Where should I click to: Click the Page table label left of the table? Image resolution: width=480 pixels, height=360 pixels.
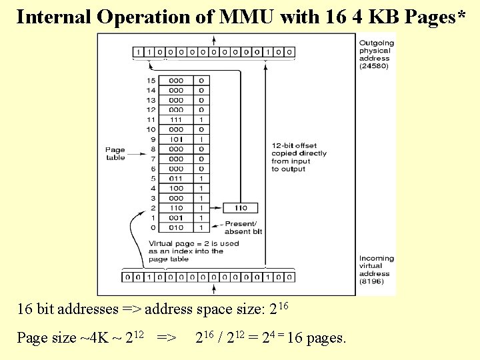coord(115,153)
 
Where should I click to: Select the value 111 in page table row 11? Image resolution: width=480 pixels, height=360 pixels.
coord(176,119)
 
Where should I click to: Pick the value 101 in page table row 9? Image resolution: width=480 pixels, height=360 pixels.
coord(176,139)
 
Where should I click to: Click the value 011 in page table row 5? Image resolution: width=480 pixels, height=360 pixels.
coord(176,179)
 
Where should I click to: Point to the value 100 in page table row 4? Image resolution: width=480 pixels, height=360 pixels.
coord(176,189)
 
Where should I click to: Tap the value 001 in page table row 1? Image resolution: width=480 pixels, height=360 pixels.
coord(176,218)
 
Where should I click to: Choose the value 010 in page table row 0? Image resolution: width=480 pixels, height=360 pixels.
coord(176,228)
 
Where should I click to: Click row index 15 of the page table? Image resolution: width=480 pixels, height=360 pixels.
coord(151,80)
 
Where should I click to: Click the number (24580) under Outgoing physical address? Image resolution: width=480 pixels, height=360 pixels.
coord(375,67)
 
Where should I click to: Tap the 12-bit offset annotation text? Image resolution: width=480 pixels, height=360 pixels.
coord(299,157)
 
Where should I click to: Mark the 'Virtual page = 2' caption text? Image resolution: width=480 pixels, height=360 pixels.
coord(193,251)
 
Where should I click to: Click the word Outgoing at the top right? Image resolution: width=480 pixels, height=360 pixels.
coord(377,43)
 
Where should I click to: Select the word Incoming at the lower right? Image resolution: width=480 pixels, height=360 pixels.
coord(377,258)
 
